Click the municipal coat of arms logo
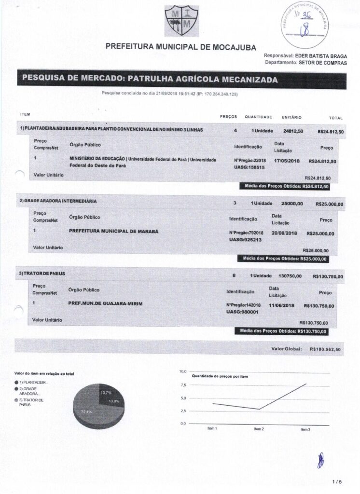coord(181,20)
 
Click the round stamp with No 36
coord(305,22)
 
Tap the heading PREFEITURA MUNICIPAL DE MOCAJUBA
coord(180,47)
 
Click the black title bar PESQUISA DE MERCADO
coord(181,80)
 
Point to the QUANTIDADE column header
coord(258,117)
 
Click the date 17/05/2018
coord(287,160)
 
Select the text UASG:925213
coord(246,239)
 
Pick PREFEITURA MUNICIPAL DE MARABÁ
coord(114,231)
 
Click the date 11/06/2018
coord(281,305)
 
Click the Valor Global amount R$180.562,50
coord(325,349)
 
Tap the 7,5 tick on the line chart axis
coord(183,385)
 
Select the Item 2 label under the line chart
coord(259,428)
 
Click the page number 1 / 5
coord(337,481)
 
